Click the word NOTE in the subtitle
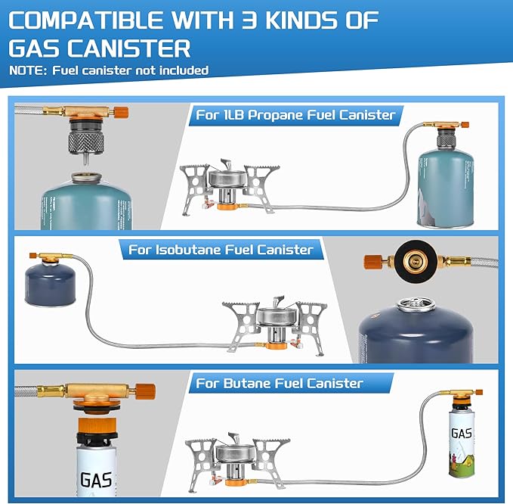26,70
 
